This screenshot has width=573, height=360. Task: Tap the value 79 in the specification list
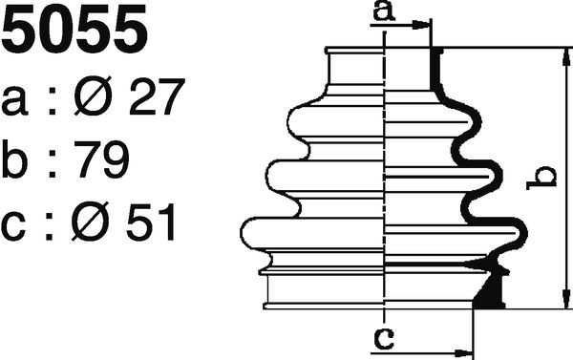coord(101,159)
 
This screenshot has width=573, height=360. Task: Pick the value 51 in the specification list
coord(151,222)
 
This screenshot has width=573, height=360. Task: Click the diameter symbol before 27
coord(93,95)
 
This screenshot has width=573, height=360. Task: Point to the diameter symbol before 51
coord(91,222)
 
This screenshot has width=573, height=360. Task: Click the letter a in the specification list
coord(14,101)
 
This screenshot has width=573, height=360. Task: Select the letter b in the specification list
coord(14,159)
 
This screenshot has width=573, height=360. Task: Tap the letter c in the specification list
coord(13,226)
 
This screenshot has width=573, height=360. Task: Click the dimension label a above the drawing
coord(384,11)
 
